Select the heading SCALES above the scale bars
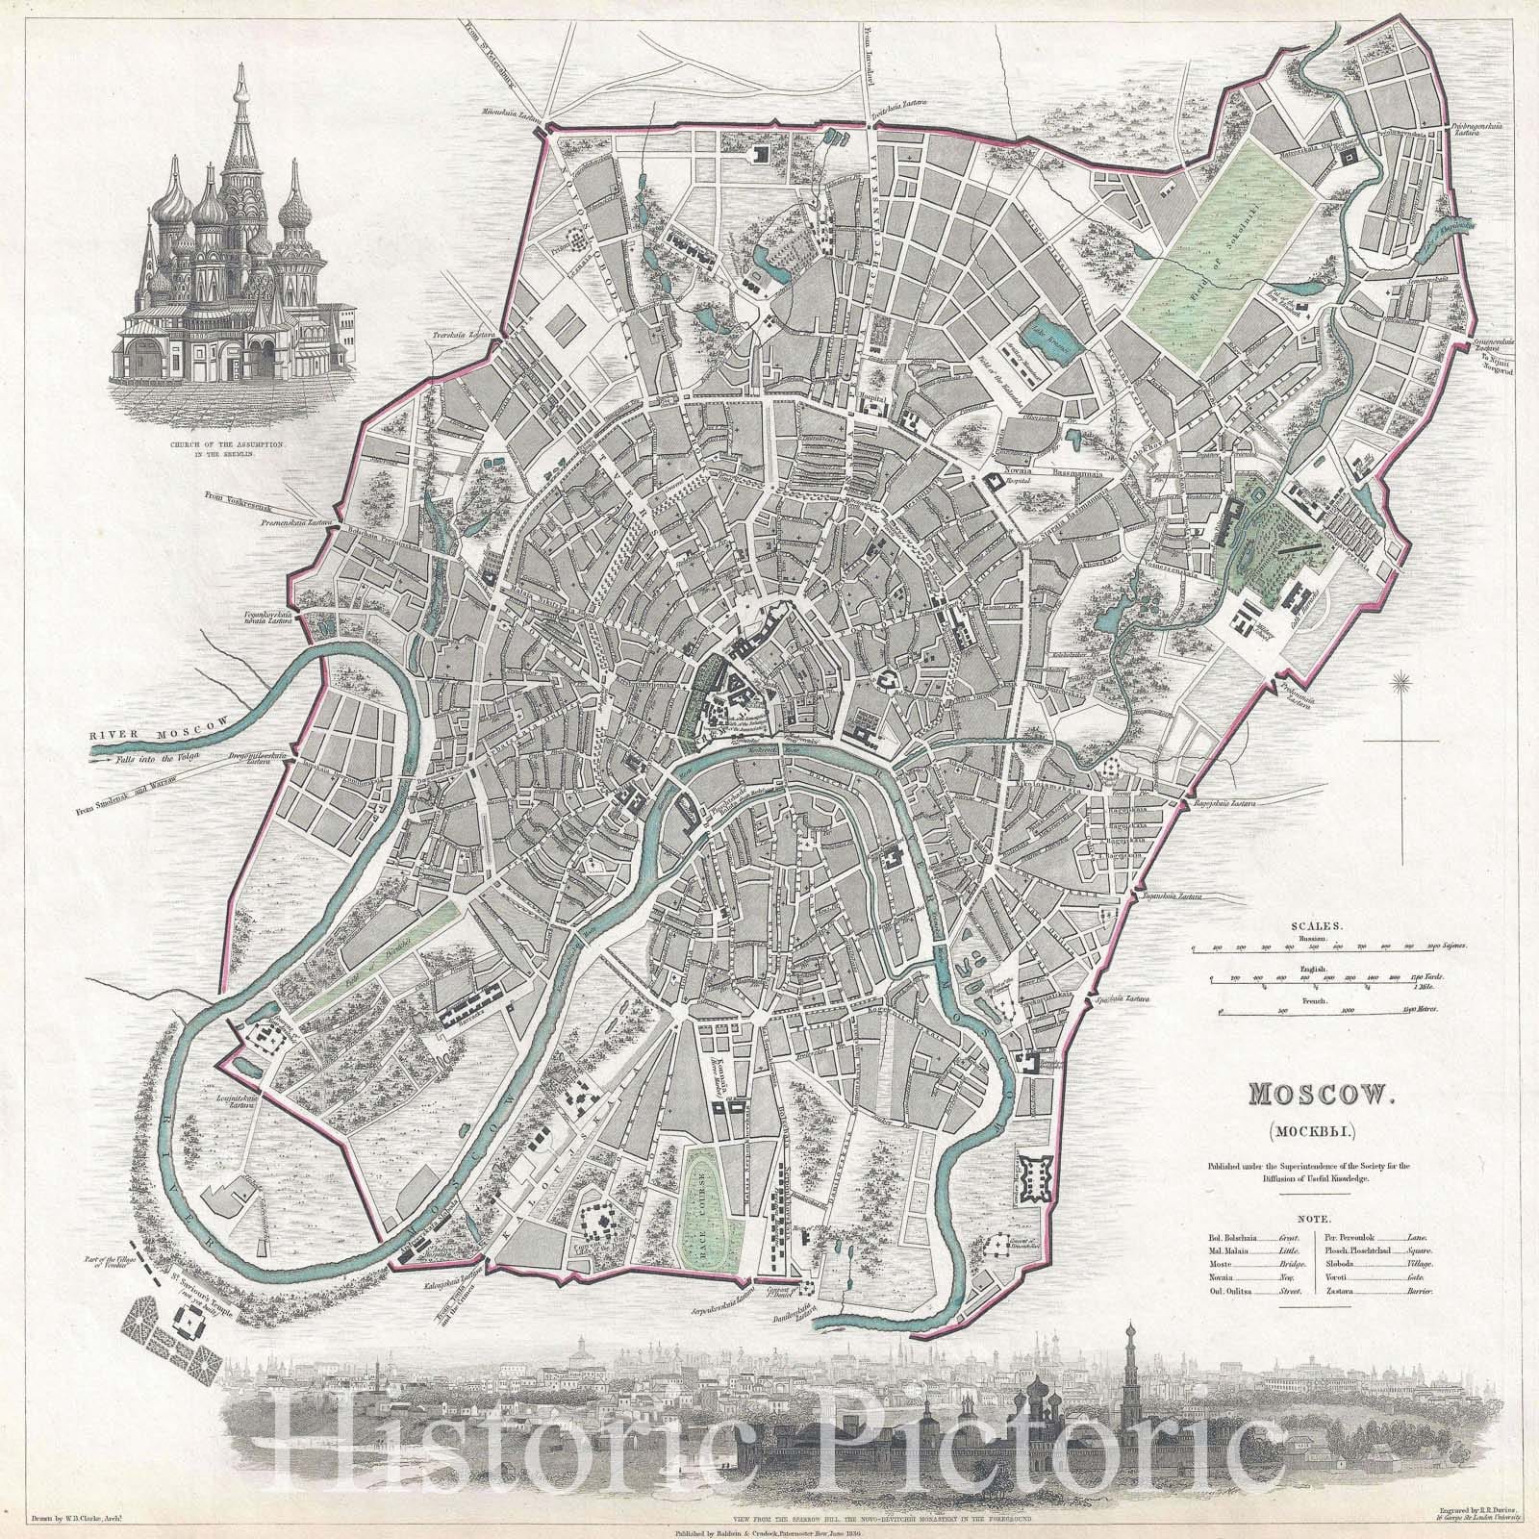(1305, 919)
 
